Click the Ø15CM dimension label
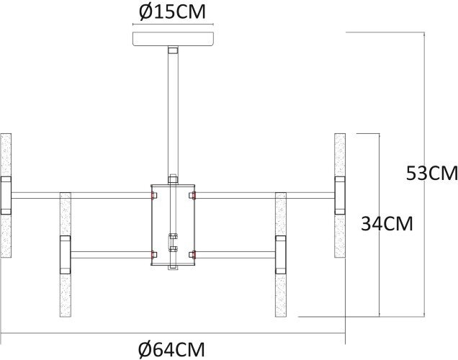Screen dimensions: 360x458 [x=171, y=13]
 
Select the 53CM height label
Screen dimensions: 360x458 [x=431, y=174]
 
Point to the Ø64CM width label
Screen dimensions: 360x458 [x=171, y=349]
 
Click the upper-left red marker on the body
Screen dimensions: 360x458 [x=152, y=195]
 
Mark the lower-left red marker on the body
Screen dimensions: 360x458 [x=152, y=253]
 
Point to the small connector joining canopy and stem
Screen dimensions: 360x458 [x=172, y=50]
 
